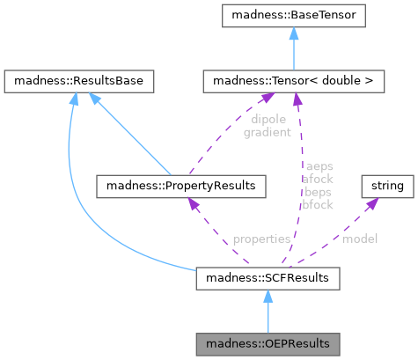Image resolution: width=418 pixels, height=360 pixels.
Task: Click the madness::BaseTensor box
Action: click(x=294, y=16)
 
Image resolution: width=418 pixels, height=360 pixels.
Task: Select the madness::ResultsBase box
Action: click(x=79, y=81)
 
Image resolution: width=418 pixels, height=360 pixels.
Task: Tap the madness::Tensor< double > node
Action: click(x=294, y=81)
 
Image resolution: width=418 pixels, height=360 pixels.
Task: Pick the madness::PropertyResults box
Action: click(x=181, y=187)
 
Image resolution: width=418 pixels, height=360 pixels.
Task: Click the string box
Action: click(x=387, y=187)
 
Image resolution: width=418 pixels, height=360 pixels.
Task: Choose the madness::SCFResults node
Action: click(x=268, y=278)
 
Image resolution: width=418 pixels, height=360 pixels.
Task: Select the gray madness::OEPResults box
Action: click(x=268, y=344)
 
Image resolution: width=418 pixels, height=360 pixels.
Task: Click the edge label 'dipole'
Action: click(x=268, y=120)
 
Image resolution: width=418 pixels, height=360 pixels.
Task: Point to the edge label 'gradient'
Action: click(x=268, y=133)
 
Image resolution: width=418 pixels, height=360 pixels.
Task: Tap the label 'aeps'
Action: click(x=319, y=166)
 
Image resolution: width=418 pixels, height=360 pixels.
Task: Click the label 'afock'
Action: click(x=318, y=179)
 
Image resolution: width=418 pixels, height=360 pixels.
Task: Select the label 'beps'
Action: click(x=318, y=192)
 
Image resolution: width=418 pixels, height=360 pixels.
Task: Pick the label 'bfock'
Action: click(x=318, y=205)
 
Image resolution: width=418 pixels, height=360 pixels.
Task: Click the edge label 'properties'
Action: click(x=261, y=239)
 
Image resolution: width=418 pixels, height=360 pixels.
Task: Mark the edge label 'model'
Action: click(x=360, y=239)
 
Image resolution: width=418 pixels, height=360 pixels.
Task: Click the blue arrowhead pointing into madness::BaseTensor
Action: click(x=294, y=33)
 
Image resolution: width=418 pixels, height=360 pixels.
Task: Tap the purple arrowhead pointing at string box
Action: click(x=372, y=203)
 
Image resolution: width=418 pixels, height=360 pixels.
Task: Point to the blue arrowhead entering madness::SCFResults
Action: click(x=268, y=297)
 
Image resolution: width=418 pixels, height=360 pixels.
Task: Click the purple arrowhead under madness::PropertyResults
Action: click(x=193, y=203)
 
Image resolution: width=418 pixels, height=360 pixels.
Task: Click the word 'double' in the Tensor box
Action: click(x=341, y=81)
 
